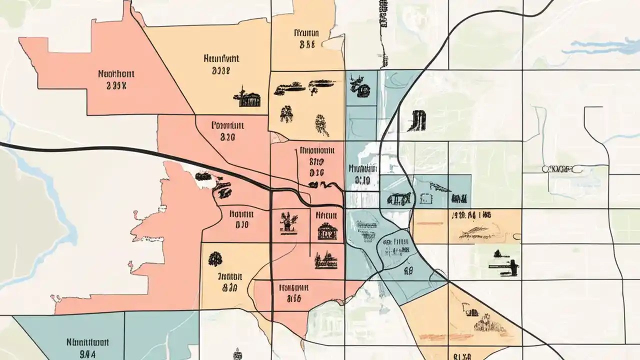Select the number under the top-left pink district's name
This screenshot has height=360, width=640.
click(116, 85)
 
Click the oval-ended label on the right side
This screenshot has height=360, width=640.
click(562, 169)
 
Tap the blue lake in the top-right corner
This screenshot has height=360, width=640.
click(600, 47)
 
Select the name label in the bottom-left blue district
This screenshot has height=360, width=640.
click(87, 343)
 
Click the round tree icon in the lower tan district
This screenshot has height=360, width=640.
click(215, 258)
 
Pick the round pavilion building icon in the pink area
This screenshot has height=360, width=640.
click(327, 231)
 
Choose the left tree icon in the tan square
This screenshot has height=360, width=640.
click(286, 114)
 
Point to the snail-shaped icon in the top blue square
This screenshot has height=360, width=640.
click(360, 86)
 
